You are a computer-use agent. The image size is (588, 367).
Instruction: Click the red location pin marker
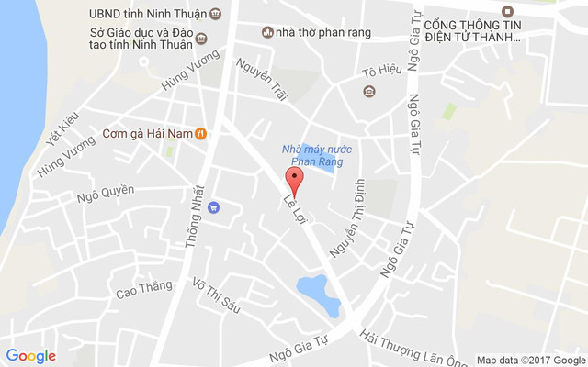point(294,179)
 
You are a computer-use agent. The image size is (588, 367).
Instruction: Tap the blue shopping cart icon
point(213,207)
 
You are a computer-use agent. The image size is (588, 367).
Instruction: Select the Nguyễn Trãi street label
point(259,80)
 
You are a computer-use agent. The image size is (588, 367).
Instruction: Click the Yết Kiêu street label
point(58,131)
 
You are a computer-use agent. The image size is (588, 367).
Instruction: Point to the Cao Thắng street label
point(143,289)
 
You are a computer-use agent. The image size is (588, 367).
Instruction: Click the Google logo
point(31,356)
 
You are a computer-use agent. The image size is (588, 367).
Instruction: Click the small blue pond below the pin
point(312,288)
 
